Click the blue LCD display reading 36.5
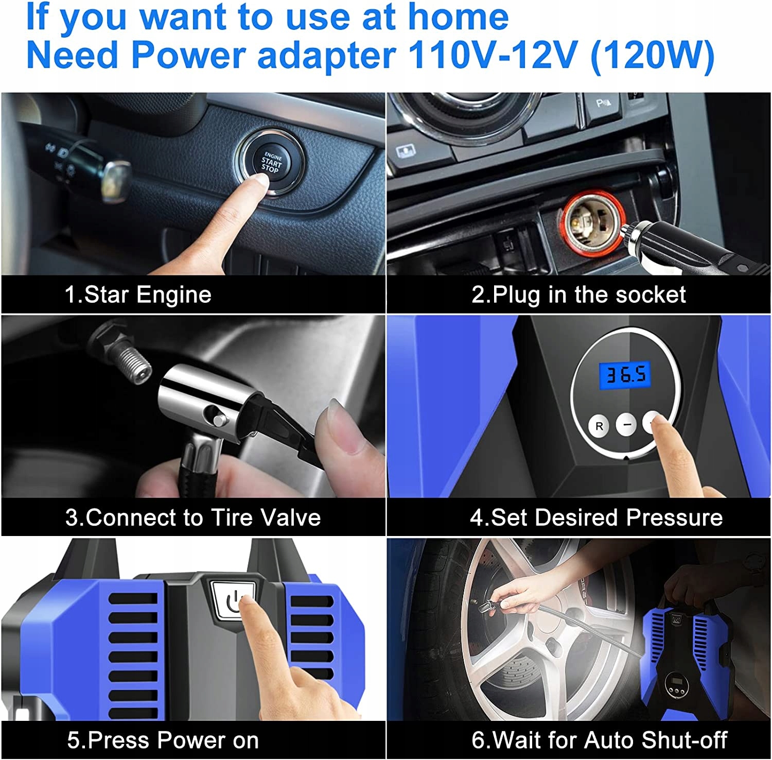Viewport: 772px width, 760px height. pos(625,374)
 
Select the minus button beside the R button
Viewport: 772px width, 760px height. pos(626,425)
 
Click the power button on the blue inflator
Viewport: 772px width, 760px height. pos(233,600)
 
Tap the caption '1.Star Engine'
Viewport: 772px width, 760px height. pos(138,295)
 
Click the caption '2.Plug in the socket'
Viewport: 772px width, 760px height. pos(578,295)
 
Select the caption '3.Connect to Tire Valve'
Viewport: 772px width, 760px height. pos(193,517)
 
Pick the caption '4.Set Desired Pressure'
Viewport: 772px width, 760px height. pos(596,517)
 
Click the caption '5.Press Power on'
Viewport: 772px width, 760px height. pos(163,740)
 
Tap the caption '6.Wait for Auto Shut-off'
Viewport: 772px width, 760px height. pos(599,740)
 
